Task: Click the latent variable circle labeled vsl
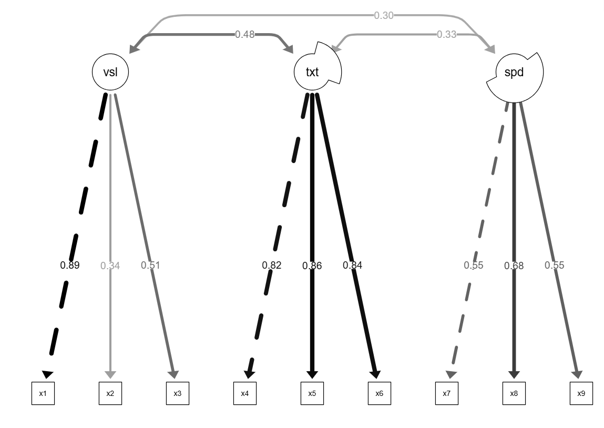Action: pyautogui.click(x=110, y=72)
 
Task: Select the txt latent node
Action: pyautogui.click(x=312, y=72)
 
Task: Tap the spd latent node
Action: pyautogui.click(x=514, y=77)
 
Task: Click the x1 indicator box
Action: pyautogui.click(x=43, y=393)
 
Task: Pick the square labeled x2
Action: pyautogui.click(x=110, y=393)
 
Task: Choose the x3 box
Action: pyautogui.click(x=178, y=393)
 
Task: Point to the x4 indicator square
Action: pyautogui.click(x=245, y=393)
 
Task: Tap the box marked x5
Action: pyautogui.click(x=312, y=393)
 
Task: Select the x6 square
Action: pyautogui.click(x=380, y=393)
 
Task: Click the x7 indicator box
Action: pyautogui.click(x=447, y=393)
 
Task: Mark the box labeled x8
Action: pyautogui.click(x=514, y=393)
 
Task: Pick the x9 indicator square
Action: pyautogui.click(x=581, y=393)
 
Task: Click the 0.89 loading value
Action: pyautogui.click(x=70, y=265)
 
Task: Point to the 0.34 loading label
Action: pyautogui.click(x=110, y=266)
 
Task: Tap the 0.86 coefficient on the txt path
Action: pyautogui.click(x=312, y=266)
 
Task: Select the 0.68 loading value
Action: pyautogui.click(x=514, y=266)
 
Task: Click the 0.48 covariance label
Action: pyautogui.click(x=245, y=34)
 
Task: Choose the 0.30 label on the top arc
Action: pyautogui.click(x=384, y=15)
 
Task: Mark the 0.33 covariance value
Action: pyautogui.click(x=447, y=34)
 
